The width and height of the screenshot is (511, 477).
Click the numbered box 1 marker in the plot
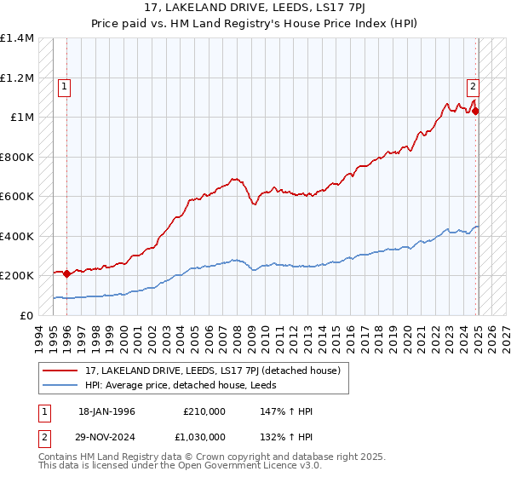click(x=65, y=85)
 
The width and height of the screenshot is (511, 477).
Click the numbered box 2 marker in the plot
click(x=472, y=85)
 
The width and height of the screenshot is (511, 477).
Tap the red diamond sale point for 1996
click(x=66, y=274)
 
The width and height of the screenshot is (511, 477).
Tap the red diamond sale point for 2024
click(x=476, y=111)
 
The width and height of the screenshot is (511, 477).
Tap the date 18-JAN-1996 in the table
click(x=106, y=411)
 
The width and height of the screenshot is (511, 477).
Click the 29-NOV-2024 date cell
click(x=107, y=435)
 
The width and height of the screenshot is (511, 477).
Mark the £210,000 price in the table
click(x=204, y=411)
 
